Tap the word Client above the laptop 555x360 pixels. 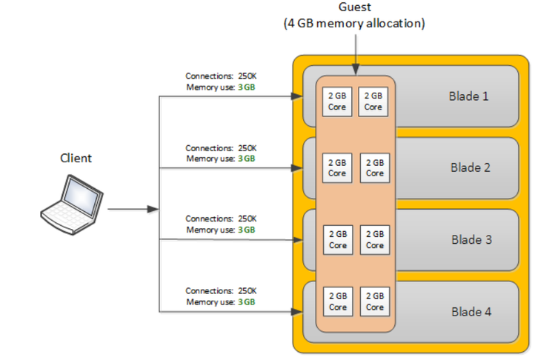[x=76, y=158]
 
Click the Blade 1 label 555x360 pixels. [x=469, y=96]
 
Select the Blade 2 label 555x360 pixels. [x=471, y=167]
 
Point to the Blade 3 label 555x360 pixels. [x=471, y=240]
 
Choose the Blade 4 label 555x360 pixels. [x=471, y=312]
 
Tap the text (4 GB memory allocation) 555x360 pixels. [x=355, y=23]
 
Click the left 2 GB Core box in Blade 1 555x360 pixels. [x=336, y=101]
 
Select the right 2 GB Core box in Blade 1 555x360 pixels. [x=373, y=101]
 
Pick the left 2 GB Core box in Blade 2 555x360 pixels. [x=337, y=168]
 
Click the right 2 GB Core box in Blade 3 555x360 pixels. [x=374, y=240]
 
